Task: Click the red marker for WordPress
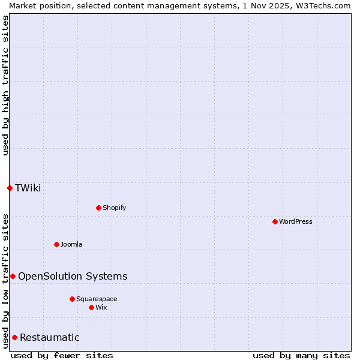click(275, 221)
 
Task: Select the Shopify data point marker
click(98, 208)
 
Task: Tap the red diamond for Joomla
click(56, 244)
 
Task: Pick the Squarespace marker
click(72, 299)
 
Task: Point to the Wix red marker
click(91, 307)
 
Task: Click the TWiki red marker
click(10, 188)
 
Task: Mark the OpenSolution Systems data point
click(13, 276)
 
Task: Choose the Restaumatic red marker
click(14, 337)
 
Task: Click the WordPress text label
click(296, 221)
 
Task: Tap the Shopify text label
click(115, 208)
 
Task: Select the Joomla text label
click(71, 244)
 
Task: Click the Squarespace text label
click(97, 299)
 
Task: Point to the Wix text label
click(101, 307)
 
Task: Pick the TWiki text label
click(28, 188)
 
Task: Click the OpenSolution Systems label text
click(73, 276)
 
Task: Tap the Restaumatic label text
click(50, 337)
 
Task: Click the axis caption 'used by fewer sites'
click(62, 355)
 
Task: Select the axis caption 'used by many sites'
click(301, 355)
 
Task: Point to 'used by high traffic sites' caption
click(5, 85)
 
